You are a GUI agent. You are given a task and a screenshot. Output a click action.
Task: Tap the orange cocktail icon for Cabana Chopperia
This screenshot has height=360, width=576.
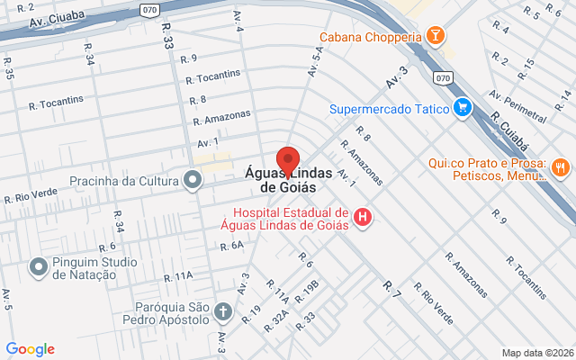[x=436, y=37]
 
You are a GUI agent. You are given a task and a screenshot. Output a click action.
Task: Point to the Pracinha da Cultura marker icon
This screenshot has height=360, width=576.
[x=193, y=180]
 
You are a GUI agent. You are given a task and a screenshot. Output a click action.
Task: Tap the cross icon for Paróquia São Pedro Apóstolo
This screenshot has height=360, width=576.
[x=223, y=312]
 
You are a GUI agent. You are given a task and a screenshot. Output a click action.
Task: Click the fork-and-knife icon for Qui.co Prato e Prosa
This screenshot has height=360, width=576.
[x=560, y=166]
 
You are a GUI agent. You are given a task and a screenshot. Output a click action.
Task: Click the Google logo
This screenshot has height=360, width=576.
[x=30, y=349]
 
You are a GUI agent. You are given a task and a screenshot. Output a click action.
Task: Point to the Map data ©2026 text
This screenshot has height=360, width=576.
[x=537, y=353]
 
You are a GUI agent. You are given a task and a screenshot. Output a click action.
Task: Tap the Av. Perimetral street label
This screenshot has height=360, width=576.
[x=518, y=106]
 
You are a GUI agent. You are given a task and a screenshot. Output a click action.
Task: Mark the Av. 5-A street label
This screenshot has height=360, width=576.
[x=315, y=60]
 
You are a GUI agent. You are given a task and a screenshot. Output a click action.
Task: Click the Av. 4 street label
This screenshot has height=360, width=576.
[x=239, y=21]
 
